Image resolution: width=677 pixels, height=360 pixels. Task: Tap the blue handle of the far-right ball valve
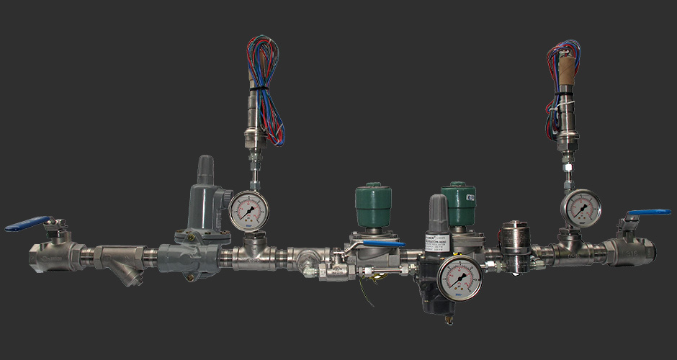coord(648,215)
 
